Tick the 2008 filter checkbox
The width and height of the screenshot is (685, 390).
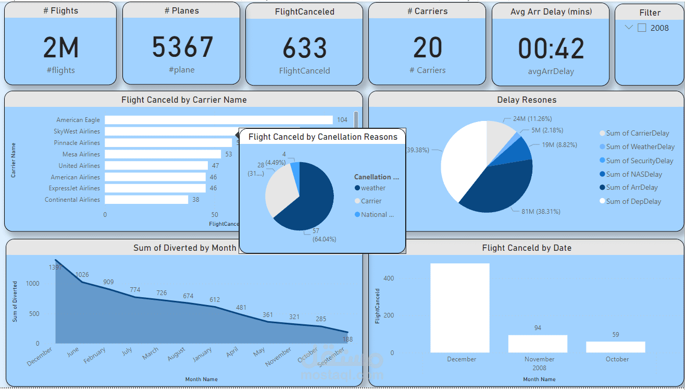[x=642, y=28]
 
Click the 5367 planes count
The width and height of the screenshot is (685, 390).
[x=183, y=47]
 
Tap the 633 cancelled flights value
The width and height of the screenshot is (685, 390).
[x=305, y=48]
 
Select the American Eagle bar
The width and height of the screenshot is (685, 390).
[x=219, y=120]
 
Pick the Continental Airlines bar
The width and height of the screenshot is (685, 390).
[x=146, y=200]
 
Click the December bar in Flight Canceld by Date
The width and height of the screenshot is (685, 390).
[x=460, y=308]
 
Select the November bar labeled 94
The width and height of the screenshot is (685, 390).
[x=538, y=344]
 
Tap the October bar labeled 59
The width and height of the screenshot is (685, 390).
[x=616, y=347]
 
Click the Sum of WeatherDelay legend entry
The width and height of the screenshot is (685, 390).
[x=640, y=147]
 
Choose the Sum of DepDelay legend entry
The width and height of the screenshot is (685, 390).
[x=633, y=201]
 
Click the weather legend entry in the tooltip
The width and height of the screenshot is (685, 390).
[x=373, y=188]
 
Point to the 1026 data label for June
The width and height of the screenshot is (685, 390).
[x=82, y=275]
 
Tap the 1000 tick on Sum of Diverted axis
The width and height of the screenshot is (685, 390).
[x=32, y=284]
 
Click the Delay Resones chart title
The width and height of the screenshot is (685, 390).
[x=526, y=100]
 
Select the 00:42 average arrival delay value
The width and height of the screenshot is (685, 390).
[x=551, y=48]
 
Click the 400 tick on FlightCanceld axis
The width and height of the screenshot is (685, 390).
[x=389, y=278]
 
